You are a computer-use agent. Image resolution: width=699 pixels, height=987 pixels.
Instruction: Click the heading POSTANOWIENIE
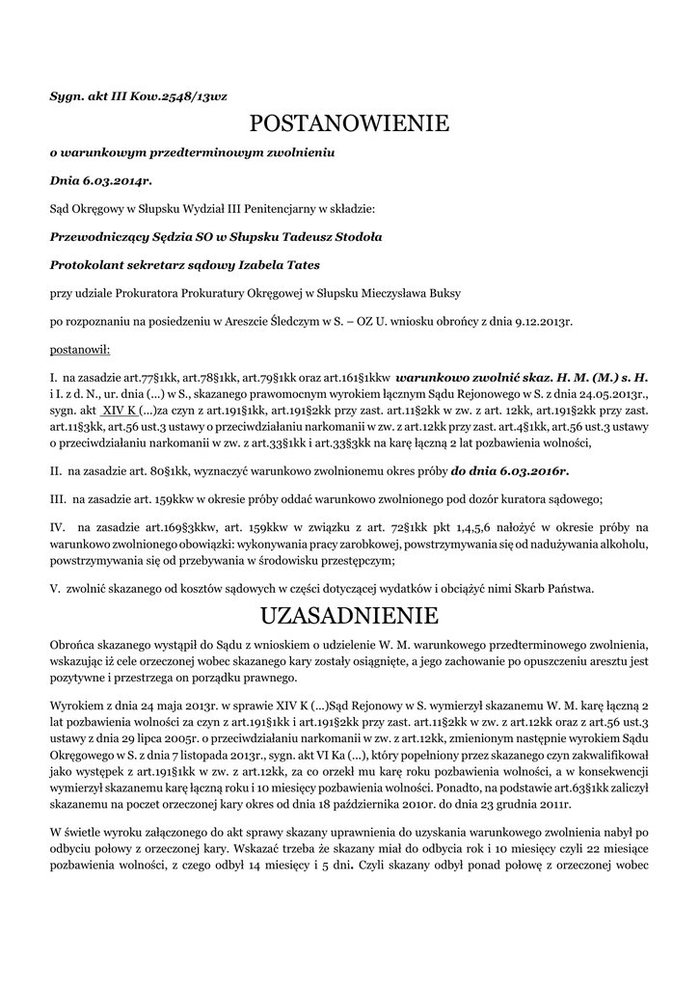click(x=349, y=123)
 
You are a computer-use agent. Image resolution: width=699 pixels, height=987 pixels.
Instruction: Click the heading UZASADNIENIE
click(x=349, y=615)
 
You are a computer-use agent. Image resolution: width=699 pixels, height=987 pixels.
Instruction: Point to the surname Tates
click(x=298, y=263)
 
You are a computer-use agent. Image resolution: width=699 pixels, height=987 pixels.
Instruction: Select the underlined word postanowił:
click(x=80, y=346)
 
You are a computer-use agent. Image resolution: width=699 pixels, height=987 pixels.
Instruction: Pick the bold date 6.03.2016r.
click(x=509, y=471)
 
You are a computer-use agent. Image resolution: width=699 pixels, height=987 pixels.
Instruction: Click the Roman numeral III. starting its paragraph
click(x=57, y=499)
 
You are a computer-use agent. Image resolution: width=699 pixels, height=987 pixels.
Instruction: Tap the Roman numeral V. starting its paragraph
click(x=55, y=588)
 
